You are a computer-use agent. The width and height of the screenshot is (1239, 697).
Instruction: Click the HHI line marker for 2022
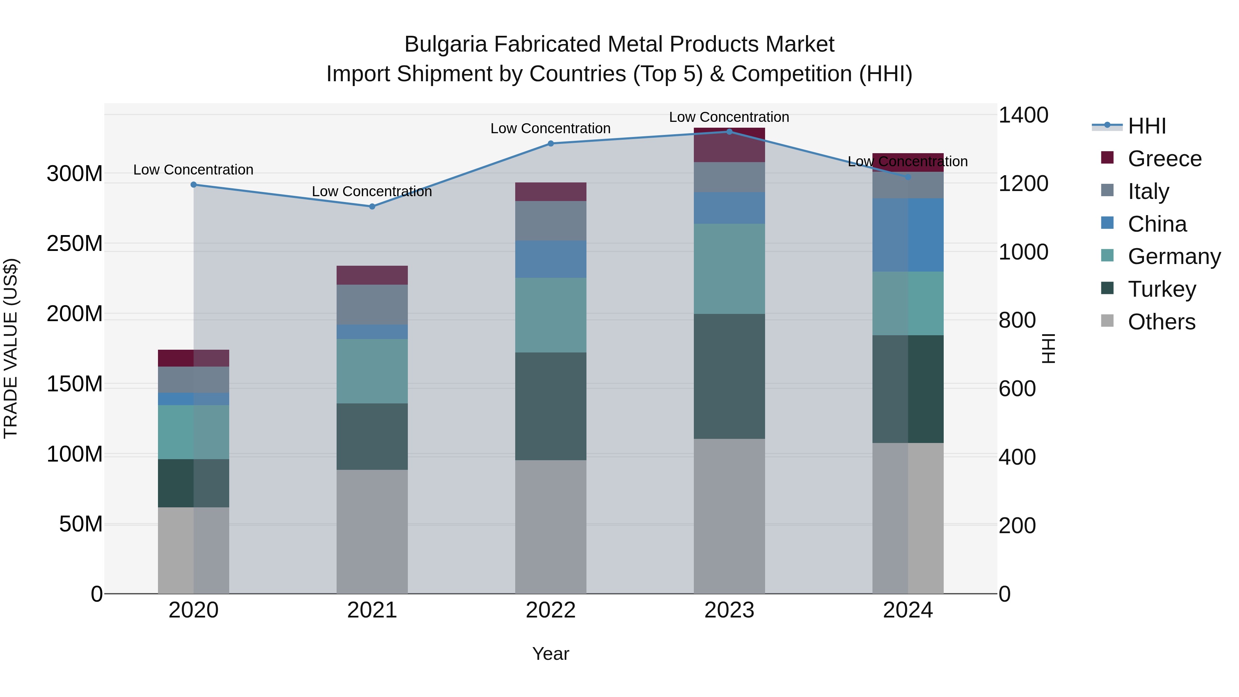(551, 143)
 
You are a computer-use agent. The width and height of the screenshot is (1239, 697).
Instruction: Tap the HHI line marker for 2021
(372, 207)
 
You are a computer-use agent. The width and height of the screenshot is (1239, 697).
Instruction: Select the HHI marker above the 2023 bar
(729, 131)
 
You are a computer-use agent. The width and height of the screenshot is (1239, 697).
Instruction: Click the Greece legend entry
(1164, 159)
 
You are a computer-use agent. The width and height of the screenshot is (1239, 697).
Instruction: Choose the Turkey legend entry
(1162, 289)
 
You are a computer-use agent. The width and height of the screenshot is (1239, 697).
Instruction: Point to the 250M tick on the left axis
(75, 243)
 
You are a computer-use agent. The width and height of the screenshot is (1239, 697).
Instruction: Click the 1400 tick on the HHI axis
(1023, 115)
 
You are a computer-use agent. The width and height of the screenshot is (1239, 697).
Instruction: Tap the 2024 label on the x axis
(908, 610)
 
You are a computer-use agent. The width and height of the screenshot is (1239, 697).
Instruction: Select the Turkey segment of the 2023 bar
(729, 376)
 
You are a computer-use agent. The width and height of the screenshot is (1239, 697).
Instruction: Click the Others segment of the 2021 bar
(372, 531)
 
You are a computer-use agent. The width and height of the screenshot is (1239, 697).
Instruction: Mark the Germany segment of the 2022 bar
(551, 315)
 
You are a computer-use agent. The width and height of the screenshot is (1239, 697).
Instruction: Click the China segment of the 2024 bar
(908, 235)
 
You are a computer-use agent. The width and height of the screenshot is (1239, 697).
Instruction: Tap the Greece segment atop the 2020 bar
(193, 358)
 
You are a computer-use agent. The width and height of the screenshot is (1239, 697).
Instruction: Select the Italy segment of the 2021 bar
(372, 305)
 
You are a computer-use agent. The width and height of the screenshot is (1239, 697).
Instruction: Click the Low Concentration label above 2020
(193, 170)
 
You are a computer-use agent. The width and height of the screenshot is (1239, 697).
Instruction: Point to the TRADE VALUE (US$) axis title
(11, 348)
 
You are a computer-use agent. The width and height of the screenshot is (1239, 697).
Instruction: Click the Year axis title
(550, 654)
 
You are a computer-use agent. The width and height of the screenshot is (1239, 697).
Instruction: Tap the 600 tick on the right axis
(1017, 389)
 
